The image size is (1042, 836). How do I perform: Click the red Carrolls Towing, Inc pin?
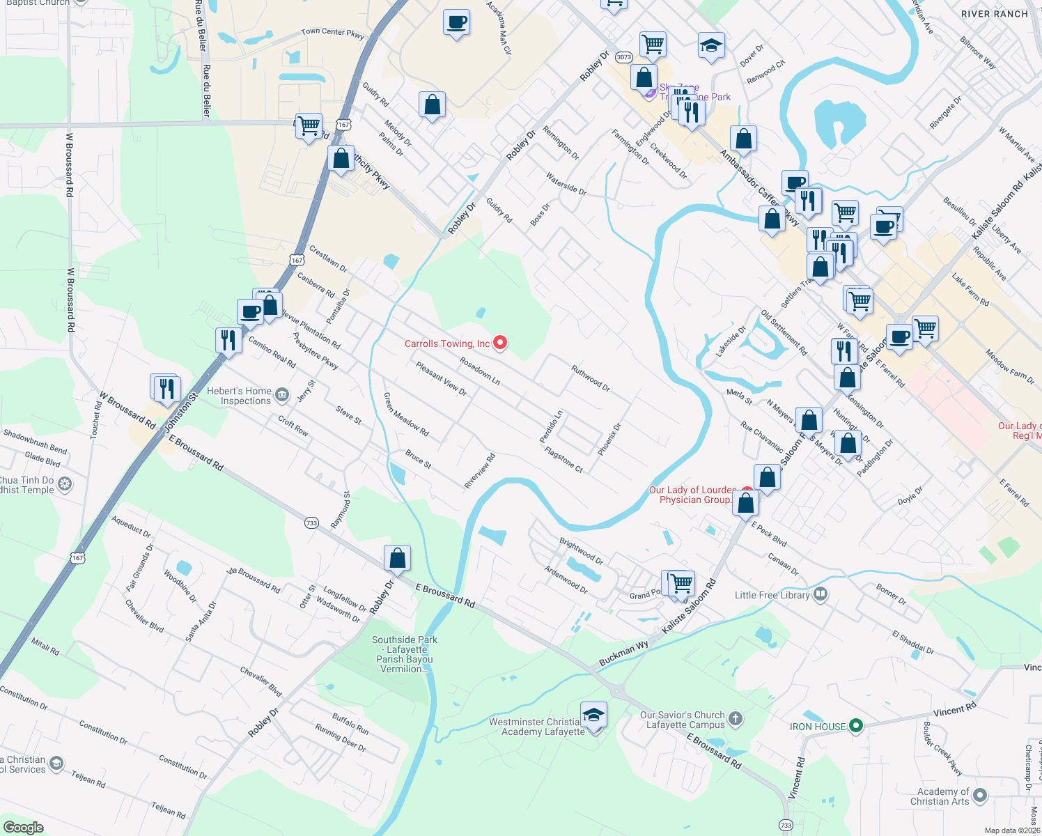point(500,342)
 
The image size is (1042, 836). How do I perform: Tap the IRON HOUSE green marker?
point(856,727)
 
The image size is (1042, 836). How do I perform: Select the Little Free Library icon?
point(821,594)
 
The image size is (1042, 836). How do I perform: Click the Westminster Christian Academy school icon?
point(593,715)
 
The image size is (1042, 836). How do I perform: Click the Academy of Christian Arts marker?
point(980,795)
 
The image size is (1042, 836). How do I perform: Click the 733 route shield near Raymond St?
point(311,522)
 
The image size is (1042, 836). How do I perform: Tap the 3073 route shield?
point(624,57)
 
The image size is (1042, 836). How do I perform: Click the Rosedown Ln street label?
point(480,371)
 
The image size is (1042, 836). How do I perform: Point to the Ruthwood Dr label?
point(591,378)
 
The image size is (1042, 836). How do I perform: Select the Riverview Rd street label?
point(480,471)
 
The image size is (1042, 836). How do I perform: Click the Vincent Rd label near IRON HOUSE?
point(954,710)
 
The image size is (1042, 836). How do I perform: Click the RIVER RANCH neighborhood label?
point(994,14)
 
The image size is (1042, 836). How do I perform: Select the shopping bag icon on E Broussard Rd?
point(397,558)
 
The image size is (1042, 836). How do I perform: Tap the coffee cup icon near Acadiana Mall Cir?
point(456,22)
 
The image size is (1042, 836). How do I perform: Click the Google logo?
point(23,827)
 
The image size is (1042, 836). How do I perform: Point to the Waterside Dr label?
point(566,184)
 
